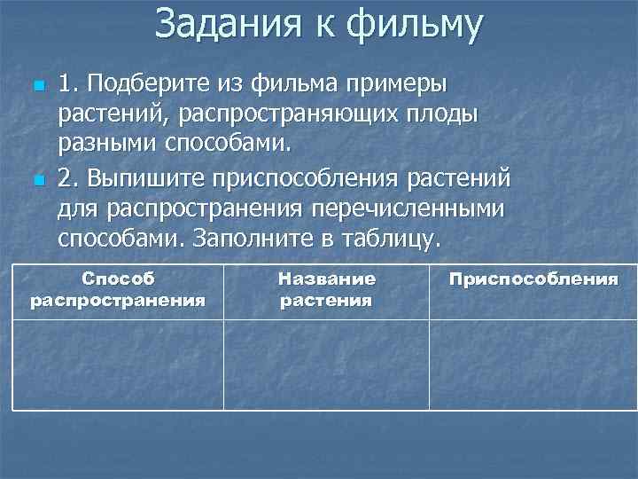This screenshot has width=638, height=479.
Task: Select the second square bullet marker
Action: (37, 180)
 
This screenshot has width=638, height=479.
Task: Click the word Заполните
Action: (255, 239)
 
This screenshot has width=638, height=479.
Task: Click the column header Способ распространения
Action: (118, 289)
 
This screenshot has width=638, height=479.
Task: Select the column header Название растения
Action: (326, 289)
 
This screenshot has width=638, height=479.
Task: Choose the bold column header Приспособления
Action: (533, 279)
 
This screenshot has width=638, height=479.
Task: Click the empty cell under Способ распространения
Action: (118, 364)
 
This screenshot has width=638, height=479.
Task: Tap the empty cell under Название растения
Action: (326, 364)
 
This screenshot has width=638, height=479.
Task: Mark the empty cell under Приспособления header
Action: (533, 364)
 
